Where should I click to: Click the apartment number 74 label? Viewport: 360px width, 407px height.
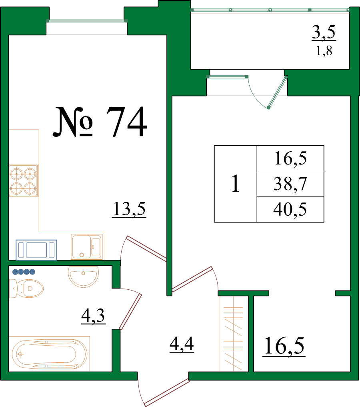pos(100,122)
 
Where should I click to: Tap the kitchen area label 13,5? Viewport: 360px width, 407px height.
pos(129,209)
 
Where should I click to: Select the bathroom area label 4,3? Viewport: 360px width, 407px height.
pos(93,316)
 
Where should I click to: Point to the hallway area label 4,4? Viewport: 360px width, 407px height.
pos(182,344)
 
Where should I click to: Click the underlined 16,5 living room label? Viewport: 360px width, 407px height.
pos(284,346)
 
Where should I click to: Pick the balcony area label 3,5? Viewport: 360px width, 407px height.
pos(324,32)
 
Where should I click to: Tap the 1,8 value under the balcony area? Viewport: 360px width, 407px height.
pos(324,51)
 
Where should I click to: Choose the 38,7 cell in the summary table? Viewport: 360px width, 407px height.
pos(290,184)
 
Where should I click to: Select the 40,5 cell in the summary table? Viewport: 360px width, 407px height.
pos(290,209)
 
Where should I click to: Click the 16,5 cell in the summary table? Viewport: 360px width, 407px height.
pos(290,158)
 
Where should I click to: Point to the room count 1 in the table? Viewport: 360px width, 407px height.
pos(235,184)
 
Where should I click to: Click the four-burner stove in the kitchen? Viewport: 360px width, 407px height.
pos(23,180)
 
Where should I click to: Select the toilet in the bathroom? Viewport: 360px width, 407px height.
pos(26,289)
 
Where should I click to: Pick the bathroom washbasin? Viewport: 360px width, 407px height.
pos(83,277)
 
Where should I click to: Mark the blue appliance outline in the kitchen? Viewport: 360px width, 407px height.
pos(36,250)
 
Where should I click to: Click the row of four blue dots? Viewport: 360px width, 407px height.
pos(24,272)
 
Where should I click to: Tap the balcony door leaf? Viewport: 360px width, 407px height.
pos(277,92)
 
